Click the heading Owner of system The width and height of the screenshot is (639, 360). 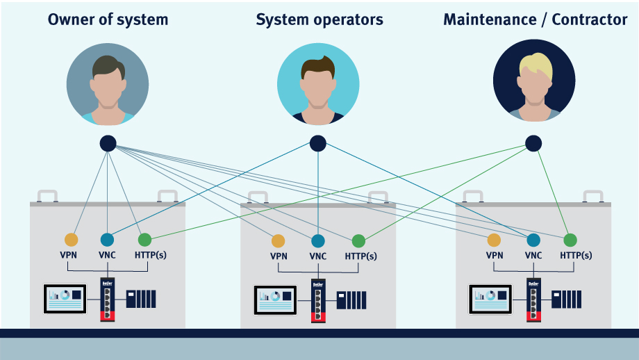(108, 19)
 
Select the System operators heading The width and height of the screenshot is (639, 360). (319, 19)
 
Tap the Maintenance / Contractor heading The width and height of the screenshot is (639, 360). (535, 19)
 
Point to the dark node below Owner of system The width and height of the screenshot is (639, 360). (108, 144)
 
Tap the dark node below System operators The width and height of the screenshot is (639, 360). (318, 144)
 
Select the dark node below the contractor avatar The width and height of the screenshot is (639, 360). (533, 144)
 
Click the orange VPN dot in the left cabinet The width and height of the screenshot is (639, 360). (71, 240)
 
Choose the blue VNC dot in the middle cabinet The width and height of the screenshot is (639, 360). (317, 241)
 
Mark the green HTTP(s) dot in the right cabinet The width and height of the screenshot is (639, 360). (570, 240)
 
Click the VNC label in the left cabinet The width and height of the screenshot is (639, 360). (107, 255)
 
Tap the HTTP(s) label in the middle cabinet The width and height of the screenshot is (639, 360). (360, 256)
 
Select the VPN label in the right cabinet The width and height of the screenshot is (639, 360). (494, 255)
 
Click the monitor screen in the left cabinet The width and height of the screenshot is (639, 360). (65, 298)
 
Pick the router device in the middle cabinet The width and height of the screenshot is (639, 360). (318, 300)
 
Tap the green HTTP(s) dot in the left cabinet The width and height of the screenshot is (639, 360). (144, 240)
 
